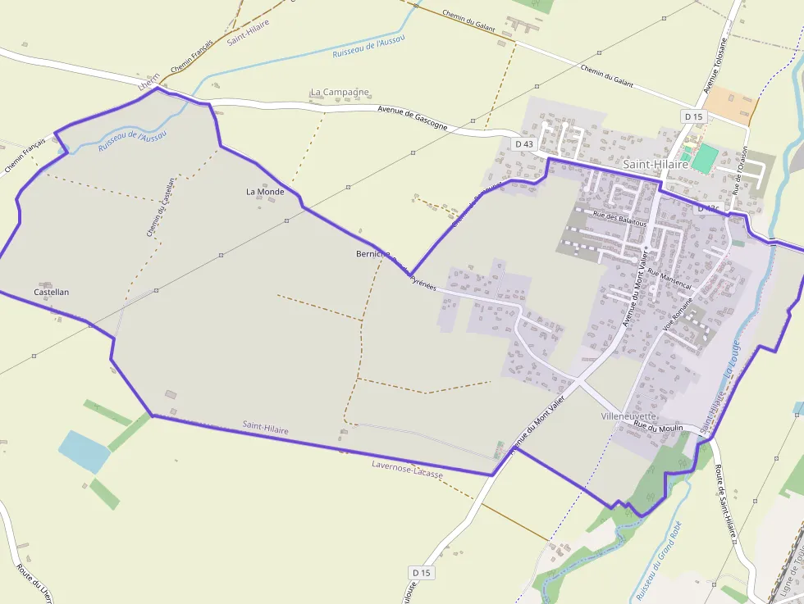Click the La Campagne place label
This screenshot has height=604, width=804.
point(340,93)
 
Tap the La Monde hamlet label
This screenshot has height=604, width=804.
point(265,192)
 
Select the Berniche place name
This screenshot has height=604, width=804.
point(373,254)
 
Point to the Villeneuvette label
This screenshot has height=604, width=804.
point(629,416)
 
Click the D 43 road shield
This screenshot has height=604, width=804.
point(524,144)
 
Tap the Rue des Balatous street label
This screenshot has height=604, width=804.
point(619,219)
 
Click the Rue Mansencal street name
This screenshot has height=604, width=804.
point(669,279)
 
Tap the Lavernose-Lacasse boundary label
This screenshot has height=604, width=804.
point(407,470)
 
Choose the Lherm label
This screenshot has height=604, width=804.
point(148,84)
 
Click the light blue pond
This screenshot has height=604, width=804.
point(84,451)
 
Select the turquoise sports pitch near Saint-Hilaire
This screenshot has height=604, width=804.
point(703,157)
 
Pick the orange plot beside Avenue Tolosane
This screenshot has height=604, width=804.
point(730,105)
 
